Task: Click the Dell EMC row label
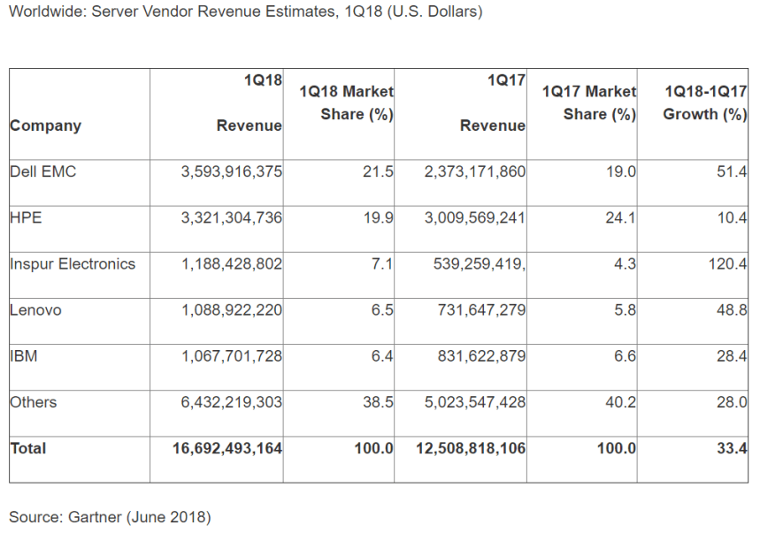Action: [43, 171]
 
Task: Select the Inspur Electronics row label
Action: [73, 263]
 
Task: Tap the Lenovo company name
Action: [35, 310]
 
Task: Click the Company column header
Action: [45, 126]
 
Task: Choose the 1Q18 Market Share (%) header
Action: [347, 103]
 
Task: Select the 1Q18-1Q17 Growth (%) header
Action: [705, 103]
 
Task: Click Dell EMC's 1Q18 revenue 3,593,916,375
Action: [232, 171]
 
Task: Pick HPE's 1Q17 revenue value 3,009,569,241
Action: [475, 217]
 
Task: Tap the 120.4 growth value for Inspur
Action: [728, 263]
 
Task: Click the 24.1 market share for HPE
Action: [620, 217]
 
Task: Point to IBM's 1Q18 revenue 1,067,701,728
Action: [232, 356]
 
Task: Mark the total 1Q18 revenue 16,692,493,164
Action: [227, 448]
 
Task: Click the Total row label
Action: [28, 448]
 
